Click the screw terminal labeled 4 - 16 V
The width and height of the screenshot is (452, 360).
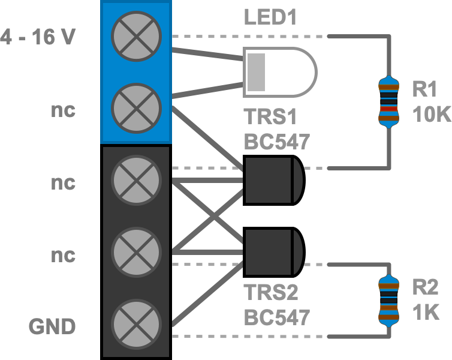click(x=137, y=36)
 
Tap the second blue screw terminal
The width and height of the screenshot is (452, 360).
click(x=137, y=108)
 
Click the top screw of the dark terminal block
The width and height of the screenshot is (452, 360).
click(x=137, y=180)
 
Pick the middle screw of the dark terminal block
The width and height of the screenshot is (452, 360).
click(x=137, y=252)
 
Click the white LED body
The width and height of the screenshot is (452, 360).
click(x=279, y=72)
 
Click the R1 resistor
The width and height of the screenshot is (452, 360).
click(x=388, y=101)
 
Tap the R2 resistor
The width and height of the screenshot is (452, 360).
click(x=388, y=300)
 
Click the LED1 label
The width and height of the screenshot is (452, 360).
click(x=270, y=17)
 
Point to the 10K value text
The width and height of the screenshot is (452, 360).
click(x=431, y=113)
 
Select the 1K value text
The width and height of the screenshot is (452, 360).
click(x=426, y=312)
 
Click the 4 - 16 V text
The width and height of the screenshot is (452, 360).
click(x=37, y=37)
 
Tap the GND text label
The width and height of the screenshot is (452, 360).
click(x=52, y=327)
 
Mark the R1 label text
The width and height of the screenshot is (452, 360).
click(x=424, y=89)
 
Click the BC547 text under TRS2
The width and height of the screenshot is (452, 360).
click(x=276, y=317)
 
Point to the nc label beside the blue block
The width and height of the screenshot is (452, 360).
click(x=63, y=111)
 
